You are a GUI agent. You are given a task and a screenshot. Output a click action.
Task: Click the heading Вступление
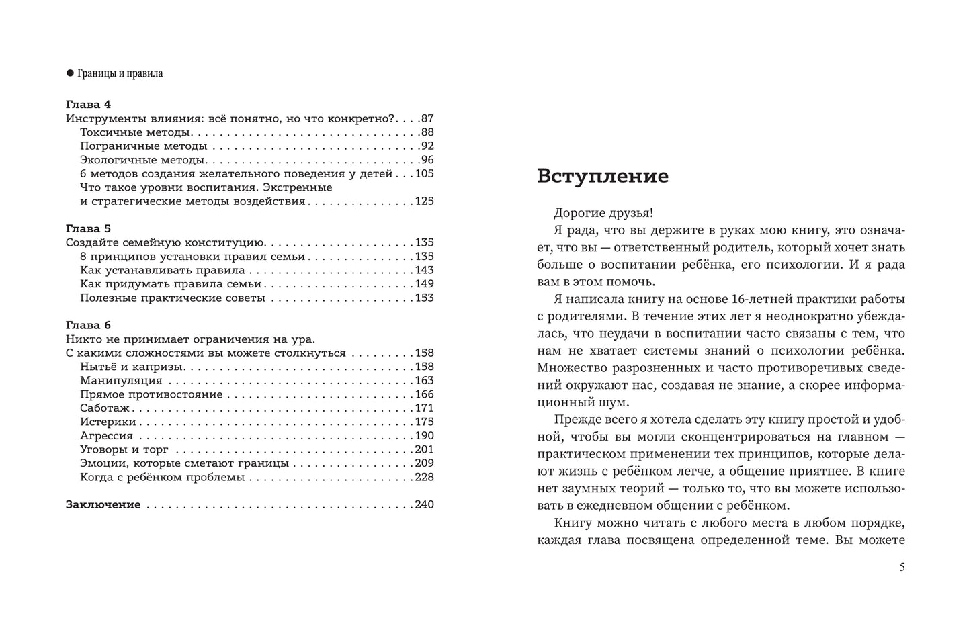603,176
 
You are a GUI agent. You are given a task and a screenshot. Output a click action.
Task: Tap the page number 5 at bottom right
902,567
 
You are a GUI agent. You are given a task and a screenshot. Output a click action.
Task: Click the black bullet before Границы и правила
69,73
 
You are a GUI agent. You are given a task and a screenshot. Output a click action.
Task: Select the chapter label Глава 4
88,105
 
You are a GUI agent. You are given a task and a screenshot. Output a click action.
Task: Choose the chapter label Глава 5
88,229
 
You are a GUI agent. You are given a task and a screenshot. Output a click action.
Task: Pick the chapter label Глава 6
88,325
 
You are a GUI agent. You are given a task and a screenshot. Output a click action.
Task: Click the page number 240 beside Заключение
424,504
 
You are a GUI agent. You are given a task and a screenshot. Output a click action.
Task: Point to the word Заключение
103,504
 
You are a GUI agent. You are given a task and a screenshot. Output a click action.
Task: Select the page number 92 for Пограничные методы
427,146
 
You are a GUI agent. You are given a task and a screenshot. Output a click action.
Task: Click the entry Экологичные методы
142,160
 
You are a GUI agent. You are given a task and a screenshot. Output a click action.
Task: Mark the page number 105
424,173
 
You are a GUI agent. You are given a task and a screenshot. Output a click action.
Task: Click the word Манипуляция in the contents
121,380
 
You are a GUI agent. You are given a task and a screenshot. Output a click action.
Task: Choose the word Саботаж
105,408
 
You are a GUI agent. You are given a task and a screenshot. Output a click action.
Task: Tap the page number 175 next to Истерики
424,422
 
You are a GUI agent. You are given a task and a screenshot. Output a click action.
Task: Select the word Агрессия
106,435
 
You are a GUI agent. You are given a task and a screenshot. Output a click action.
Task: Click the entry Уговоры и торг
124,449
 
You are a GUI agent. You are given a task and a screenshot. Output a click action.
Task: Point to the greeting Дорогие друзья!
603,213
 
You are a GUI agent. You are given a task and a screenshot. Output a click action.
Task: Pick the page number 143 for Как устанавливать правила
424,270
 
